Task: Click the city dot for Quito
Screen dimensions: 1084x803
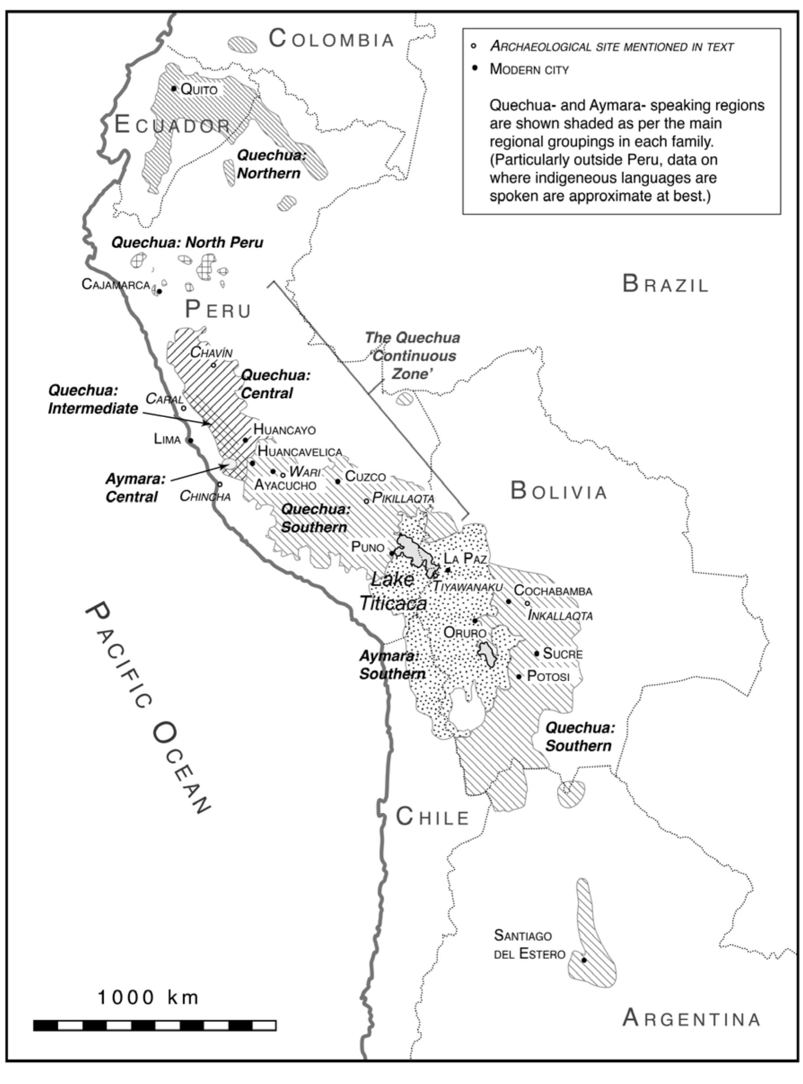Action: [x=174, y=88]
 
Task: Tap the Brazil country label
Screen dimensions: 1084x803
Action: [x=665, y=284]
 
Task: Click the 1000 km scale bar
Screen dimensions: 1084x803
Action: [x=155, y=1026]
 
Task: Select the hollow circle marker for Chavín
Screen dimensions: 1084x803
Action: [x=214, y=365]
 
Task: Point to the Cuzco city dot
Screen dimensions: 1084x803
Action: [x=338, y=482]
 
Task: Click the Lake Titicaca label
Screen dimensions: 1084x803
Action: [x=393, y=591]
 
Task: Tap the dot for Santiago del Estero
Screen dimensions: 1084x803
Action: [x=584, y=960]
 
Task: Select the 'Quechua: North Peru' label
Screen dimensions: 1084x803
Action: [x=187, y=242]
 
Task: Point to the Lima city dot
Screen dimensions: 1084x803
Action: [x=191, y=441]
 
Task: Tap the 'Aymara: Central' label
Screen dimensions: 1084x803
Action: [x=135, y=488]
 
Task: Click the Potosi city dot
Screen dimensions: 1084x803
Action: [x=519, y=676]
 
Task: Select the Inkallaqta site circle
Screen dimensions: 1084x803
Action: [x=528, y=604]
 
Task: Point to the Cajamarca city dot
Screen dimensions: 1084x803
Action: [x=159, y=291]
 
